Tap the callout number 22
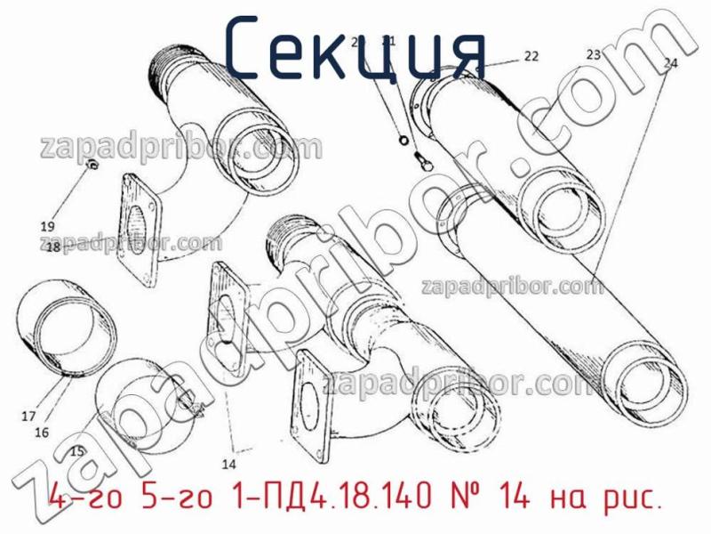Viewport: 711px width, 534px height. pos(530,56)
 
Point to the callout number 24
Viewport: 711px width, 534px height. pos(670,63)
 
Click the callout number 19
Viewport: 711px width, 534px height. pos(48,225)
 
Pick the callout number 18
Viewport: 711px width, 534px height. pos(52,247)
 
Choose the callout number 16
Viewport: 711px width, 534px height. pos(41,433)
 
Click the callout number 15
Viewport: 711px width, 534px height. pos(77,452)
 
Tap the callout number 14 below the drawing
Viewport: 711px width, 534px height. pos(228,464)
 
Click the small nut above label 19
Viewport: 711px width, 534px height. pos(92,166)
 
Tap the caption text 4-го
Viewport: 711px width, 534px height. pos(82,500)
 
